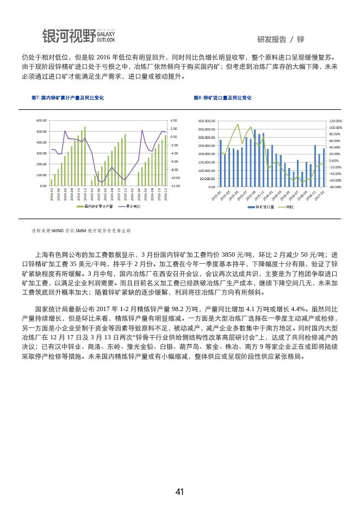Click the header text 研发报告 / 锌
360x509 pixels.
tap(281, 40)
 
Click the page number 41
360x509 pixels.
tap(180, 492)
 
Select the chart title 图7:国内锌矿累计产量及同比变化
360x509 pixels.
tap(68, 98)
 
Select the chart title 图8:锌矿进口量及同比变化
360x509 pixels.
tap(223, 98)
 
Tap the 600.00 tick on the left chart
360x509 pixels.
tap(41, 120)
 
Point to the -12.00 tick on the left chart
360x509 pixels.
tap(174, 186)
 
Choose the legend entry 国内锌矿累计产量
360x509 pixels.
tap(97, 207)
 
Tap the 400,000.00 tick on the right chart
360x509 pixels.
tap(207, 121)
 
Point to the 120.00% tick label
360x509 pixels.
tap(335, 121)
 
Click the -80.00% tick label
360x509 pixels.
tap(335, 187)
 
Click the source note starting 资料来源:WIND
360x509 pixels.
tap(81, 231)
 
